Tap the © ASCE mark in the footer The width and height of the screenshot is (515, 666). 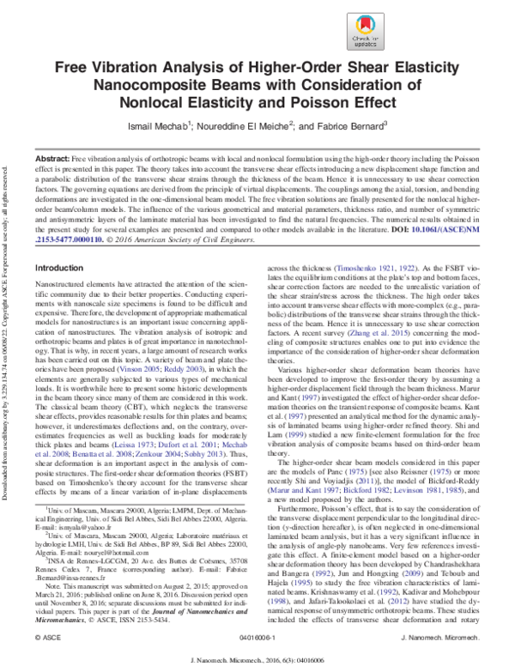pyautogui.click(x=43, y=639)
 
